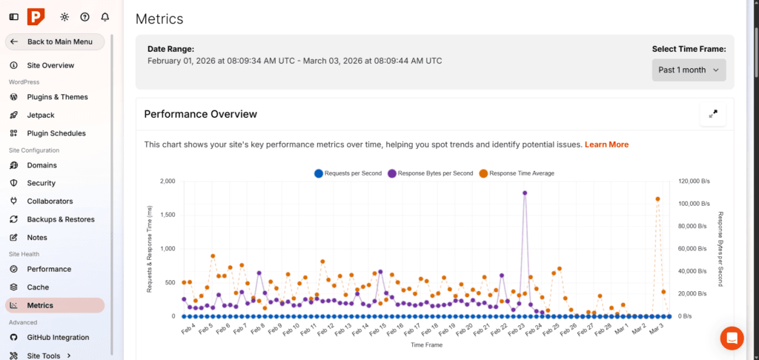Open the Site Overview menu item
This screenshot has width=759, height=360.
50,65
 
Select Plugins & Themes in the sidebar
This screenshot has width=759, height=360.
57,97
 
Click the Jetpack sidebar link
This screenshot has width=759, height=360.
41,115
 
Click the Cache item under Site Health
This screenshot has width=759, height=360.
38,287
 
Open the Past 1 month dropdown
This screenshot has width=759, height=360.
689,70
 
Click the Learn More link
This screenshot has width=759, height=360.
606,144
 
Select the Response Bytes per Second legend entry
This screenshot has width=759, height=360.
430,173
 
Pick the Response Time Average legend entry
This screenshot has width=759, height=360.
517,173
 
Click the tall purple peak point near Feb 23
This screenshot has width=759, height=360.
525,193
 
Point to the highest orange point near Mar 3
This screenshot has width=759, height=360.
657,199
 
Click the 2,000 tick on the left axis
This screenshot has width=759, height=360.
167,181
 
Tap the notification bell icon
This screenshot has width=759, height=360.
105,16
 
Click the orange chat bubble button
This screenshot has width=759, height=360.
732,338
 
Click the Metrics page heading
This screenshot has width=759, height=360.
159,19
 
